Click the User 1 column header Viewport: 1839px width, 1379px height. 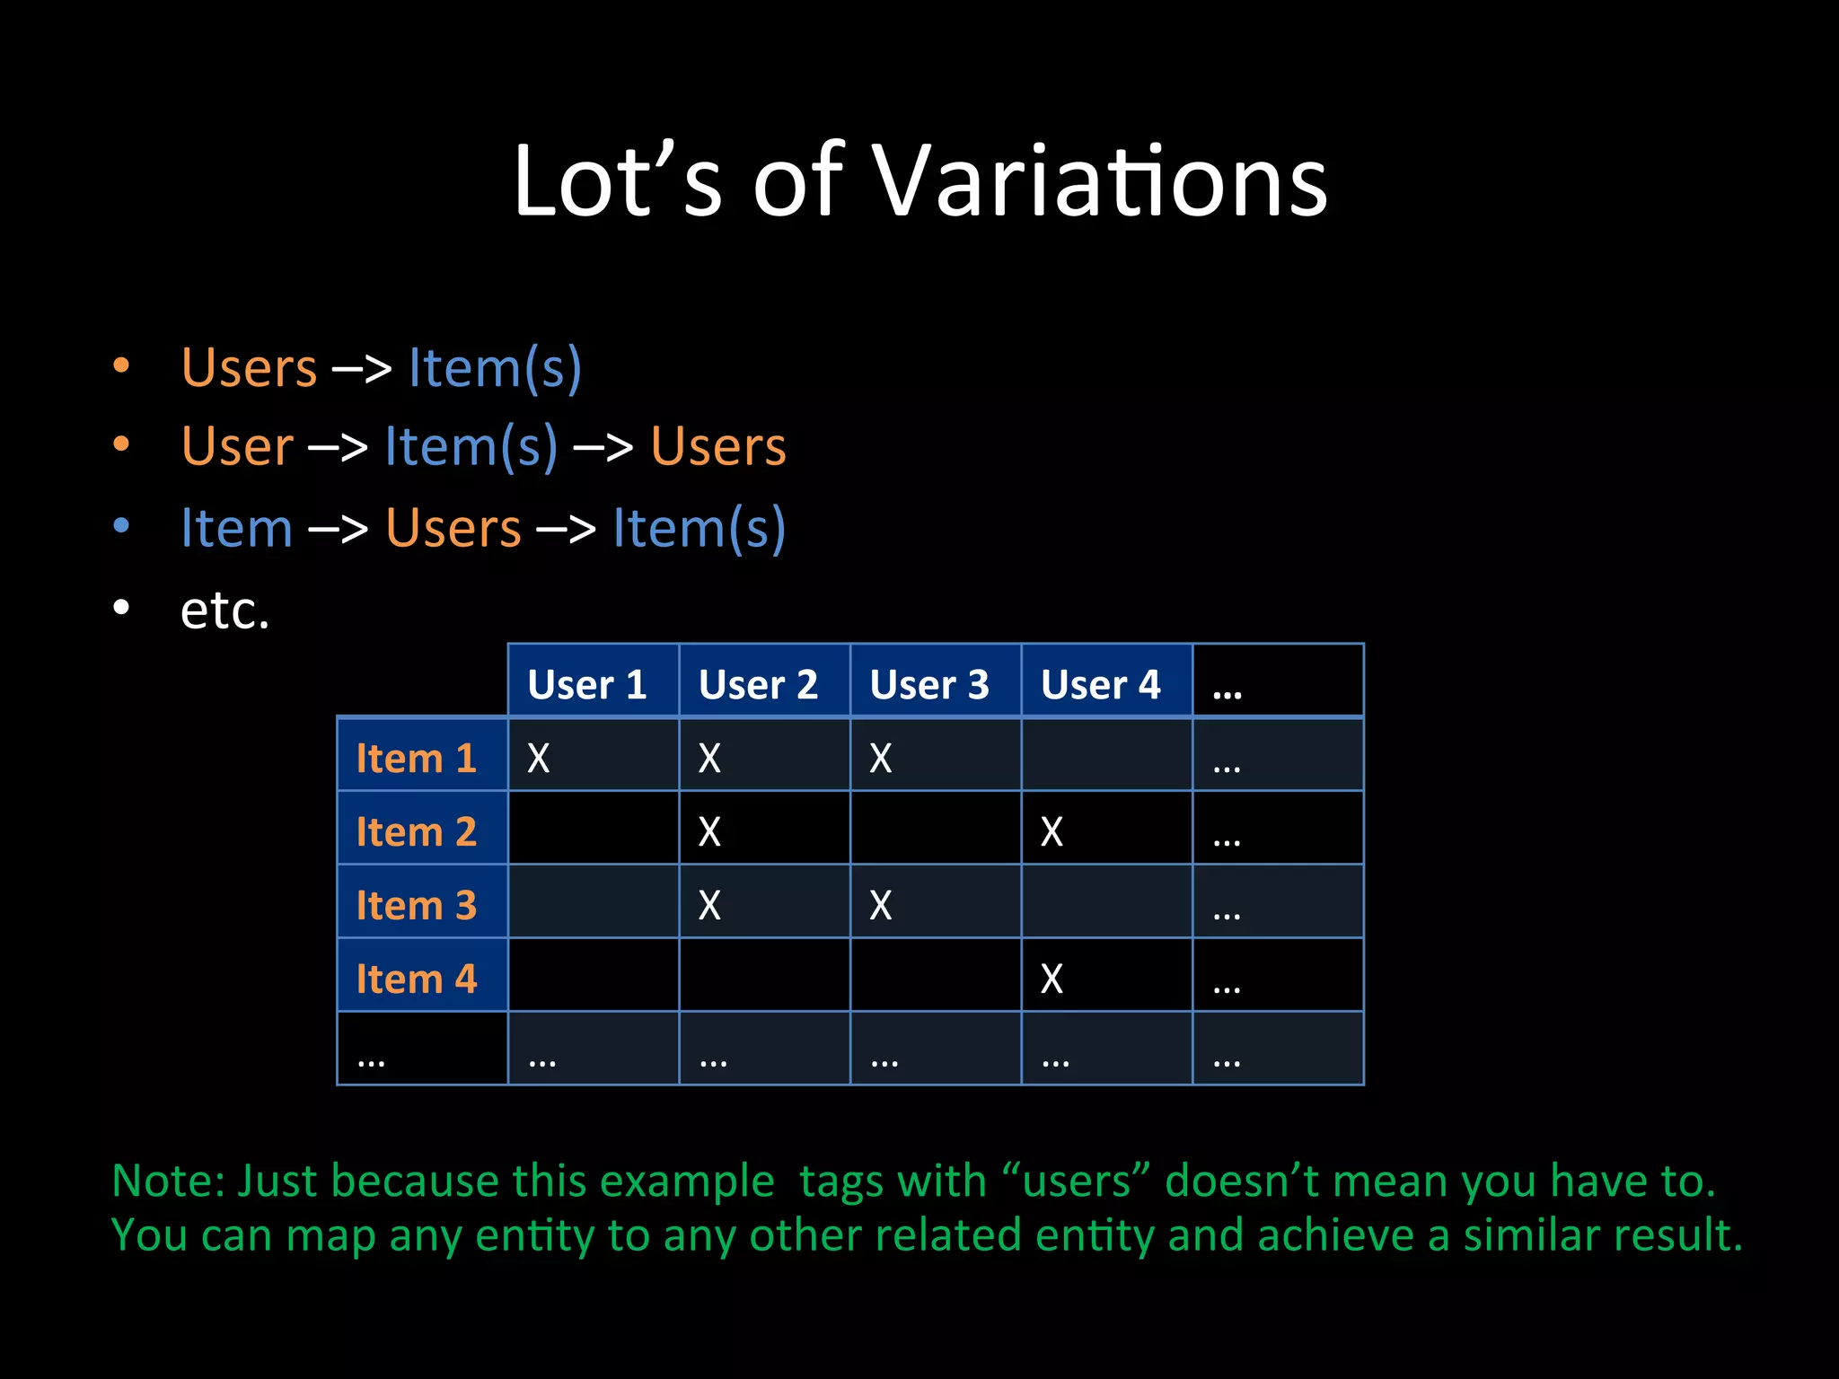pyautogui.click(x=586, y=684)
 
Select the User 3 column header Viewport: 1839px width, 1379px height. pyautogui.click(x=929, y=684)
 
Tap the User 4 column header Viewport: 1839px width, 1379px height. pyautogui.click(x=1100, y=684)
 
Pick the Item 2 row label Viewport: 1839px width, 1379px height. pyautogui.click(x=416, y=831)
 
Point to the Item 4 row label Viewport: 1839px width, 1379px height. pyautogui.click(x=416, y=979)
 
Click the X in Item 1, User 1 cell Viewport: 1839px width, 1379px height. pyautogui.click(x=538, y=759)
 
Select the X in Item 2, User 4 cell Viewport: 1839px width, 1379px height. pyautogui.click(x=1051, y=832)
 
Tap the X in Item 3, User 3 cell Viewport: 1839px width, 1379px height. pyautogui.click(x=881, y=906)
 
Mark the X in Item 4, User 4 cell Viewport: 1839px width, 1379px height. pyautogui.click(x=1051, y=979)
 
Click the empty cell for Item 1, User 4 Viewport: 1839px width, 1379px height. pyautogui.click(x=1106, y=755)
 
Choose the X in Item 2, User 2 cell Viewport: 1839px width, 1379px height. pyautogui.click(x=709, y=832)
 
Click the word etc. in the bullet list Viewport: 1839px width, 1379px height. pyautogui.click(x=224, y=610)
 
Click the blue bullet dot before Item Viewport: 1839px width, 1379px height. pyautogui.click(x=121, y=526)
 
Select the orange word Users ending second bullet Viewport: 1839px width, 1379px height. pyautogui.click(x=718, y=446)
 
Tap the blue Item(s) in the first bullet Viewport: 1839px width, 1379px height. pyautogui.click(x=495, y=368)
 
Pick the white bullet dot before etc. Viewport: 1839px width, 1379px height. pyautogui.click(x=121, y=608)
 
